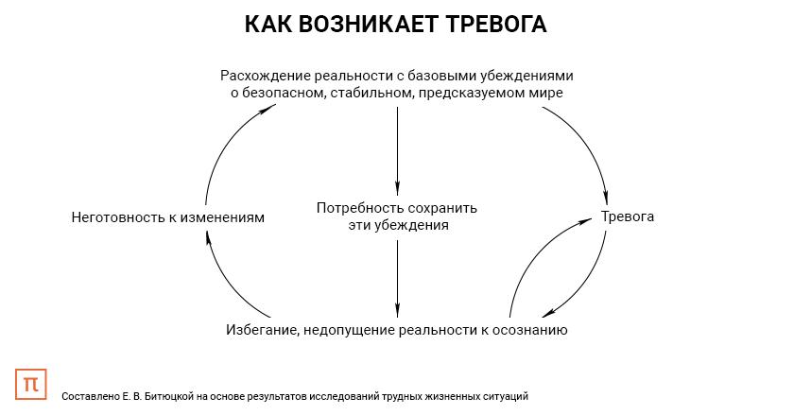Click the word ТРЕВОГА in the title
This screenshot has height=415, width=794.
pyautogui.click(x=496, y=25)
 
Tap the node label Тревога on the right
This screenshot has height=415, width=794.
pyautogui.click(x=628, y=216)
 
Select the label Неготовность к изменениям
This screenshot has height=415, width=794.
pyautogui.click(x=168, y=217)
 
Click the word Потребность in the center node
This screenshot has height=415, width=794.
pyautogui.click(x=359, y=208)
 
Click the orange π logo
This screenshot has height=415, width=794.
pyautogui.click(x=31, y=384)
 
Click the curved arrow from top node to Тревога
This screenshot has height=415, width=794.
pyautogui.click(x=587, y=143)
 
